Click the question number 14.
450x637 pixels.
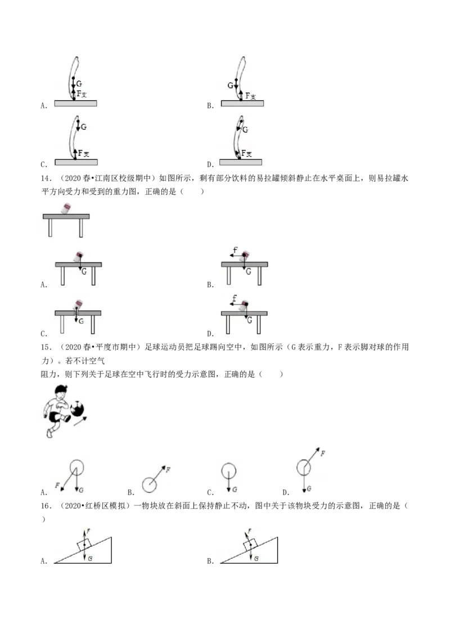(46, 178)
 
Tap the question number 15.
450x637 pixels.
(46, 347)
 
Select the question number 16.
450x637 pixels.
(46, 506)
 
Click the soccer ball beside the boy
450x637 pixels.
(78, 409)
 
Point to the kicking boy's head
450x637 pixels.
(61, 392)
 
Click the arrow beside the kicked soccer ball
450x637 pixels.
(80, 421)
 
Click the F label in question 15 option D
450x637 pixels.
(322, 453)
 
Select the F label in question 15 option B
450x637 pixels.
(168, 470)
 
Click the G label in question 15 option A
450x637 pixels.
(82, 490)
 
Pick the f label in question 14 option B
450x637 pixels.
(235, 249)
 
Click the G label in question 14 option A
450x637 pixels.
(84, 271)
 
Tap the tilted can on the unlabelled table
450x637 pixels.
(65, 208)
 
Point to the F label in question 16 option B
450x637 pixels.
(250, 531)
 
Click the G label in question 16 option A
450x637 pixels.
(90, 558)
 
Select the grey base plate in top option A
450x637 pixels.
(75, 104)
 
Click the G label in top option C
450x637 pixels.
(84, 127)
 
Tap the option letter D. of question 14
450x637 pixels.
(210, 334)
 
